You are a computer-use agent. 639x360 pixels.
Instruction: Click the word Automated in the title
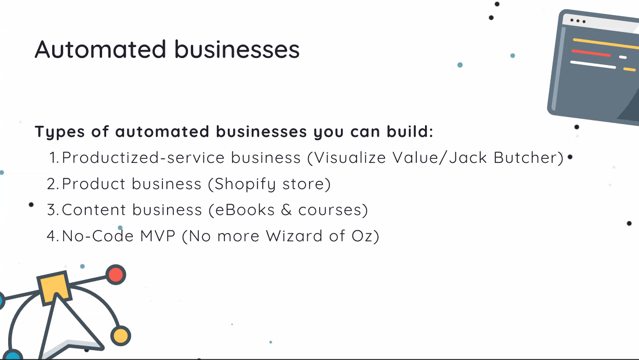[100, 50]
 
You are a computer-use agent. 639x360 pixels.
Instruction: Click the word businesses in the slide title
[237, 50]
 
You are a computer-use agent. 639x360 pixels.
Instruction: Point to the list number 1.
[54, 158]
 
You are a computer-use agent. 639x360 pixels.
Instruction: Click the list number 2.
[53, 184]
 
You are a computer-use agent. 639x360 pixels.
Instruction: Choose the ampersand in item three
[286, 210]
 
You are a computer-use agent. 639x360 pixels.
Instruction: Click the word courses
[330, 210]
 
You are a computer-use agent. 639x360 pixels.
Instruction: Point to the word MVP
[158, 236]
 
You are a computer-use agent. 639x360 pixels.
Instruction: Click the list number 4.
[53, 236]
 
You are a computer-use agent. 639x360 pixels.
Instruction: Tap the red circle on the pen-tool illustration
[116, 274]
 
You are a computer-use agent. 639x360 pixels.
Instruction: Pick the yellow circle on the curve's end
[121, 336]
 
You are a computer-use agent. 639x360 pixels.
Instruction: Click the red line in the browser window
[591, 53]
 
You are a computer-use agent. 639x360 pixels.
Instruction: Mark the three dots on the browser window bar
[578, 20]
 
